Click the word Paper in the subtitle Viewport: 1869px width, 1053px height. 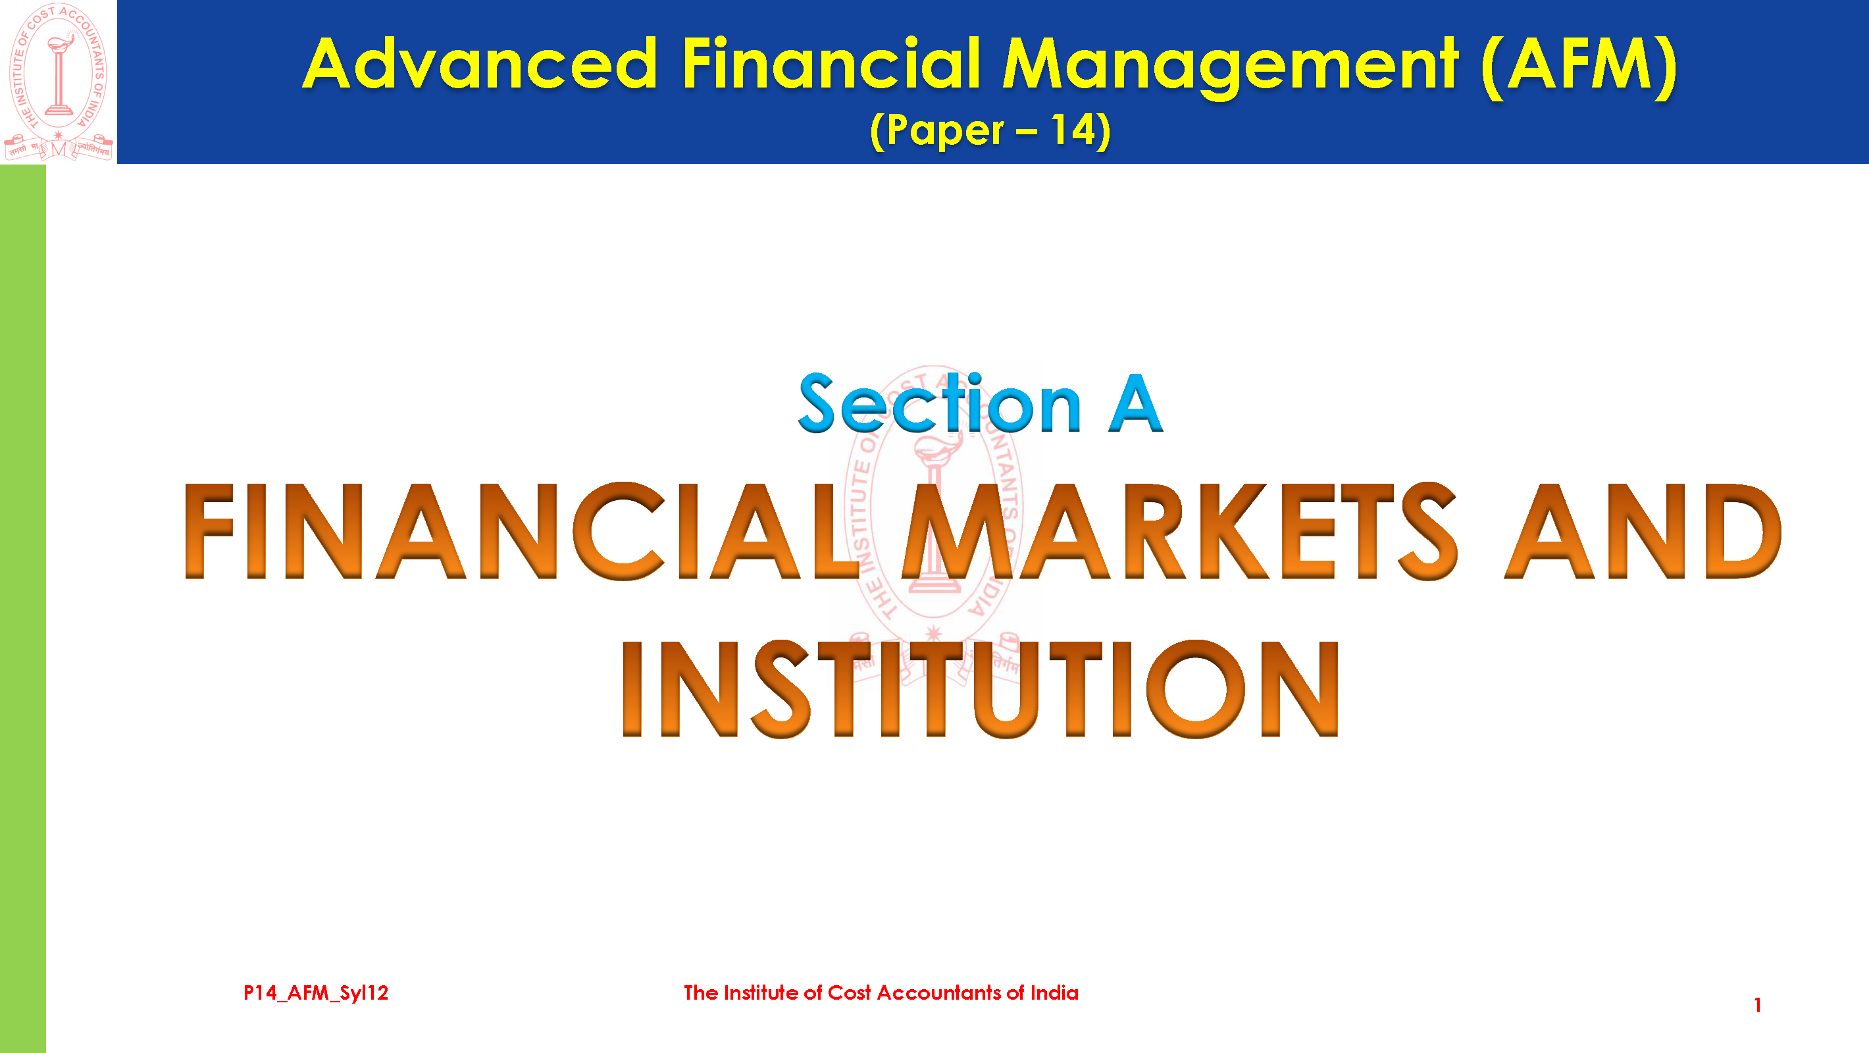(944, 132)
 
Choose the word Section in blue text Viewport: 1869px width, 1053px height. (940, 403)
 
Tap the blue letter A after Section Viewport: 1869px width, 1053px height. (1135, 404)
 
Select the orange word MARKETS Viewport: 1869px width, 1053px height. (1179, 530)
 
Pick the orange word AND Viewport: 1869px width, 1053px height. (1643, 530)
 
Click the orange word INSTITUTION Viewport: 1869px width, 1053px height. (980, 688)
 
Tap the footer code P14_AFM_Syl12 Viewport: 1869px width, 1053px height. (316, 992)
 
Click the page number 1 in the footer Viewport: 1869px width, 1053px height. (1757, 1005)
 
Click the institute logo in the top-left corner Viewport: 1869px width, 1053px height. (58, 82)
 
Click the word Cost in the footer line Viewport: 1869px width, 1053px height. (849, 992)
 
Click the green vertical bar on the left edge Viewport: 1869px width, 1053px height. (22, 608)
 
